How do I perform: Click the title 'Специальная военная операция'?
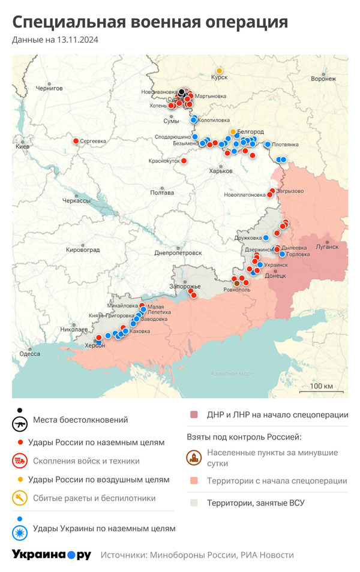[x=150, y=22]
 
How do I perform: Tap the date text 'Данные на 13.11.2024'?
[x=55, y=40]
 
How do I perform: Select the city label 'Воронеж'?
[x=323, y=79]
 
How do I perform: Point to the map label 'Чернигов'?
[x=49, y=88]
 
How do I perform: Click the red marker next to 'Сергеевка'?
[x=76, y=141]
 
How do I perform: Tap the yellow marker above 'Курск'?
[x=220, y=70]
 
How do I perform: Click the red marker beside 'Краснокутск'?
[x=184, y=161]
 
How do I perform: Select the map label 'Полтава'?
[x=162, y=193]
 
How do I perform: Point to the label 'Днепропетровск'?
[x=178, y=253]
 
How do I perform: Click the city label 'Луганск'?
[x=327, y=246]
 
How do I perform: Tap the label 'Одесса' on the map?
[x=29, y=354]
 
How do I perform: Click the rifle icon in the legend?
[x=20, y=423]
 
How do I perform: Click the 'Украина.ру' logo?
[x=52, y=555]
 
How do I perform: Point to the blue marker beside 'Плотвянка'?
[x=268, y=144]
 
